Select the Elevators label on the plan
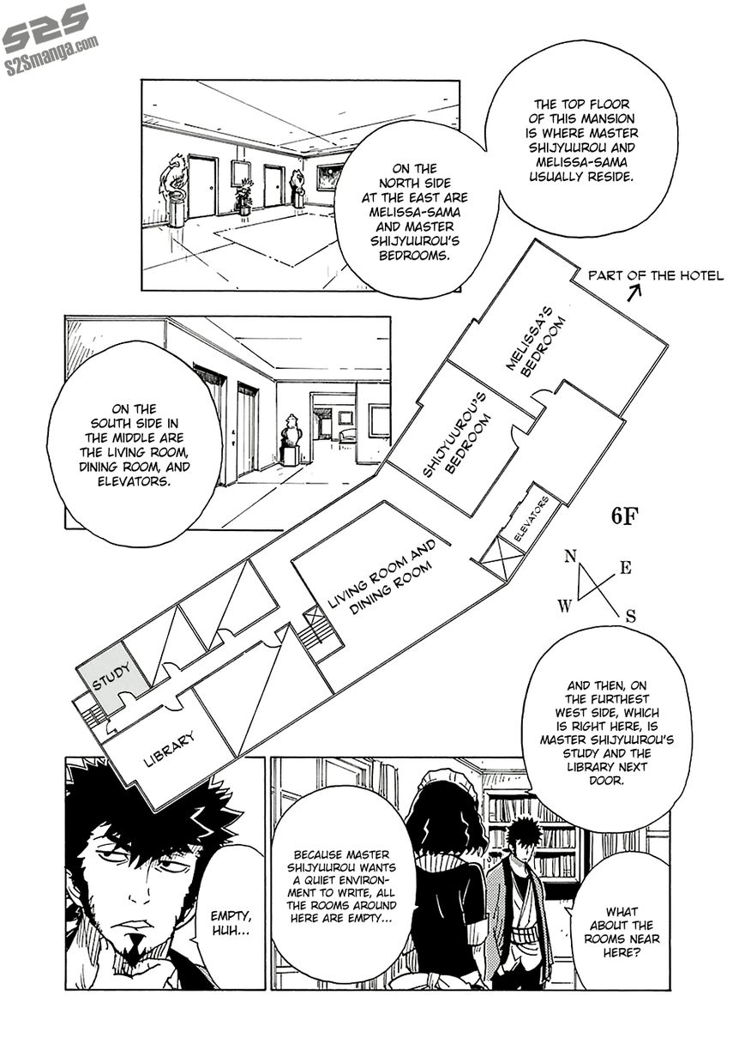[x=531, y=521]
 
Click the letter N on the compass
[x=570, y=557]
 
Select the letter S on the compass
[x=630, y=615]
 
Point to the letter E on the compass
[x=626, y=567]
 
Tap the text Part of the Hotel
[x=656, y=275]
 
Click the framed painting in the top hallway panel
[x=330, y=178]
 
